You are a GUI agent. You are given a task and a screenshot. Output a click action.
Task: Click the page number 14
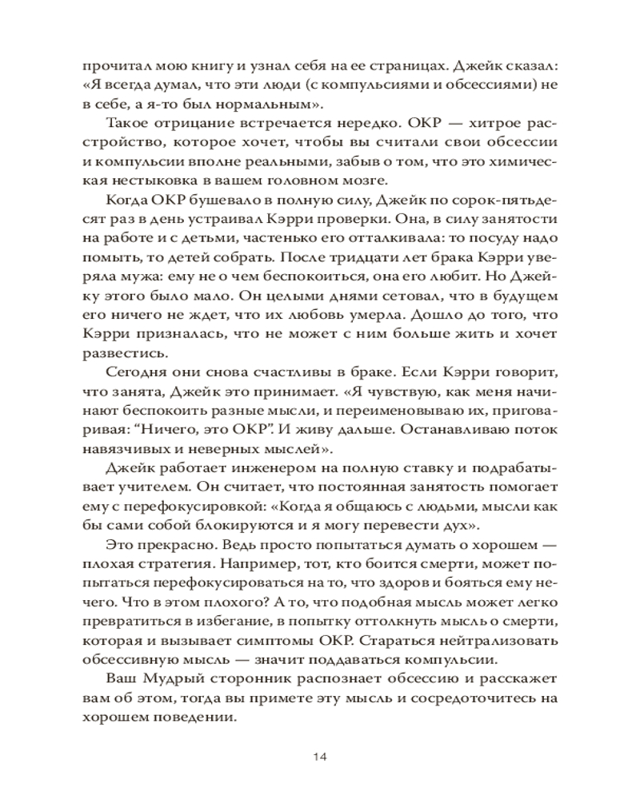(x=320, y=757)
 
